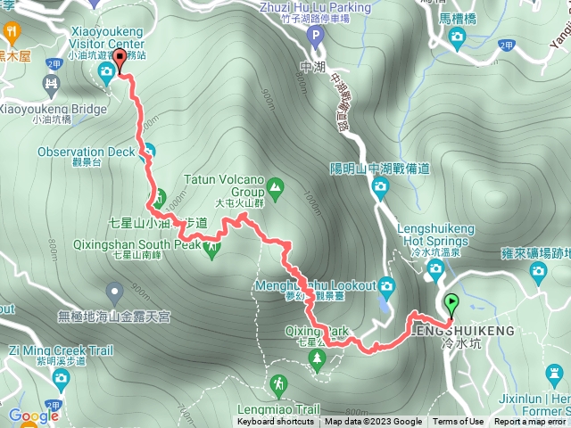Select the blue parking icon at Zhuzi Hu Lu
(313, 37)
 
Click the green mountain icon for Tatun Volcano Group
(275, 187)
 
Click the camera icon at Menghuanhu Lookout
(386, 285)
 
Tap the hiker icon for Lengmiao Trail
(279, 383)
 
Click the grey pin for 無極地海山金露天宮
(114, 291)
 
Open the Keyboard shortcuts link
(276, 422)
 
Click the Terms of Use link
(459, 422)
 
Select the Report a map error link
(530, 422)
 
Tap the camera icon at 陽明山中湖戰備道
(381, 188)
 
